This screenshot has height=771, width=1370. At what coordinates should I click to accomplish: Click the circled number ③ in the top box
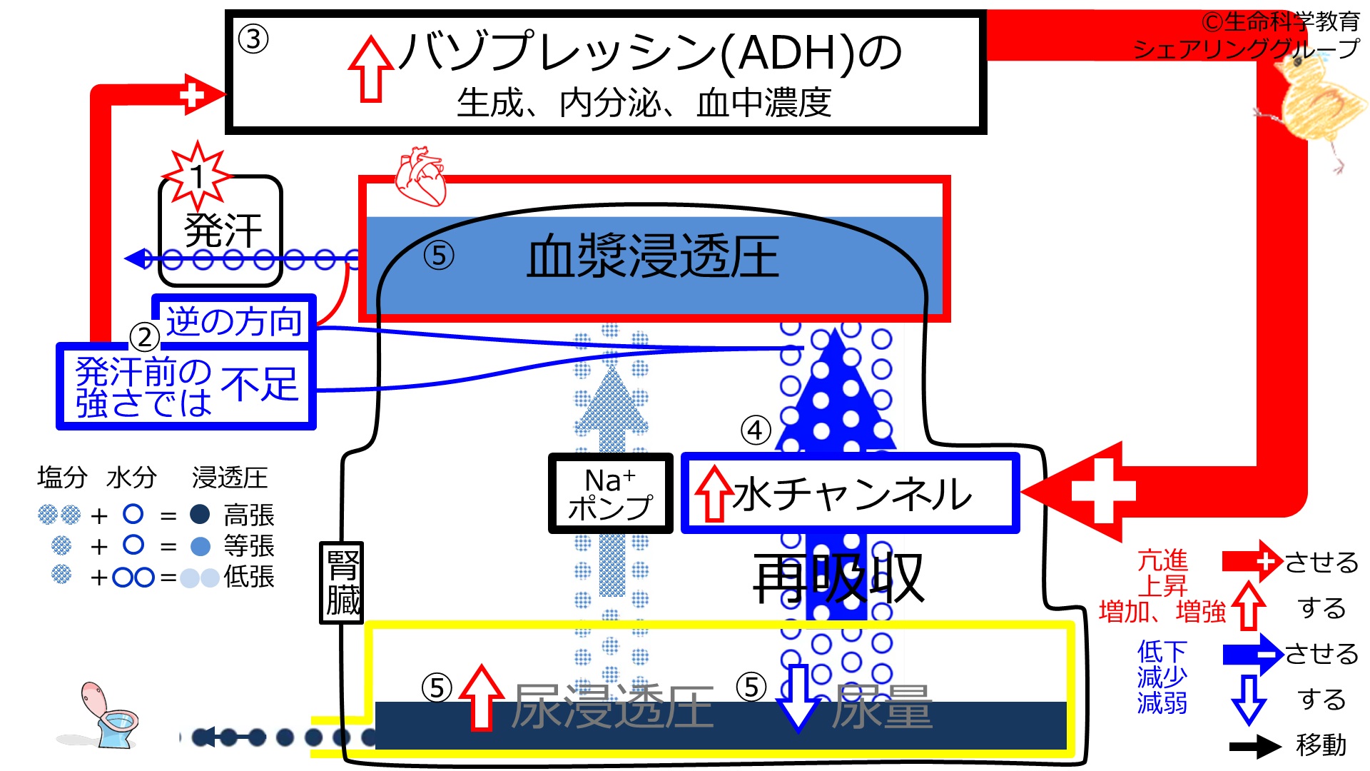tap(253, 39)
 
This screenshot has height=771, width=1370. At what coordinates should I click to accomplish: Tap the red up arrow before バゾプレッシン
tap(370, 69)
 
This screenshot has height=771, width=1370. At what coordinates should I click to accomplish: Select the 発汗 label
tap(223, 231)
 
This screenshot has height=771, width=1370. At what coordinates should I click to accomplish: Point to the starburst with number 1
tap(198, 175)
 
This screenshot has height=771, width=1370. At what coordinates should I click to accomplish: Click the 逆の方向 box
tap(234, 321)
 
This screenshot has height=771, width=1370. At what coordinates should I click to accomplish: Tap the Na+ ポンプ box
tap(611, 493)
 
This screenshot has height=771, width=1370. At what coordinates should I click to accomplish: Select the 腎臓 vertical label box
tap(342, 583)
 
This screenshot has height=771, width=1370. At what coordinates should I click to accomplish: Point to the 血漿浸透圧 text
tap(652, 257)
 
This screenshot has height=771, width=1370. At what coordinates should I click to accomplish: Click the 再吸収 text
tap(839, 578)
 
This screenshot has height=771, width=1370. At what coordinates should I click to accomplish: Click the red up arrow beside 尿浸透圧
tap(482, 697)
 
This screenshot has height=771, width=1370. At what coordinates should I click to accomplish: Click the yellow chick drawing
tap(1313, 107)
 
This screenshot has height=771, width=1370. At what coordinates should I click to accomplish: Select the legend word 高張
tap(249, 515)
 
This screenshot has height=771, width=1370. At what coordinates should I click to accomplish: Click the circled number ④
tap(756, 430)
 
